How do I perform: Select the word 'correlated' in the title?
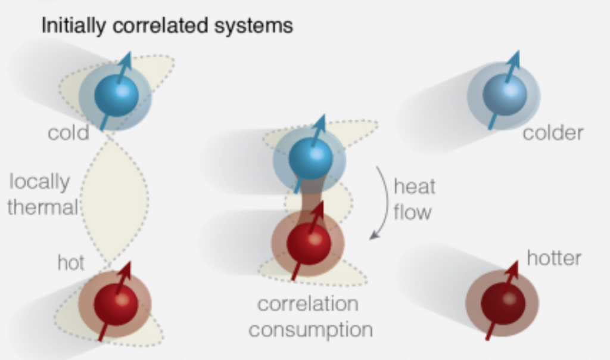pyautogui.click(x=152, y=26)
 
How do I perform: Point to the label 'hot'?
pyautogui.click(x=71, y=262)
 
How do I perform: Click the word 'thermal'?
pyautogui.click(x=42, y=207)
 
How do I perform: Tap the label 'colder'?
pyautogui.click(x=553, y=132)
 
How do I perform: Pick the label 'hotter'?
pyautogui.click(x=554, y=258)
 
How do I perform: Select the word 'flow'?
pyautogui.click(x=412, y=212)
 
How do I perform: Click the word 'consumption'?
pyautogui.click(x=310, y=329)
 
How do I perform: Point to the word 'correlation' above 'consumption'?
pyautogui.click(x=307, y=304)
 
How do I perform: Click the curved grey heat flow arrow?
pyautogui.click(x=382, y=203)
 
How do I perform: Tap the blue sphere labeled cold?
pyautogui.click(x=116, y=95)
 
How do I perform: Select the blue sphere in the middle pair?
pyautogui.click(x=310, y=159)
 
